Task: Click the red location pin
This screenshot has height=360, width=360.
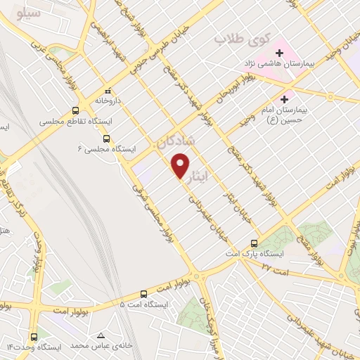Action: pyautogui.click(x=181, y=165)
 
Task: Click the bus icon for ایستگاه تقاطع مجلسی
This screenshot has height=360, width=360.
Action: pyautogui.click(x=75, y=110)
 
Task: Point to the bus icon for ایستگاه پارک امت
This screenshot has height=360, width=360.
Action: pyautogui.click(x=255, y=244)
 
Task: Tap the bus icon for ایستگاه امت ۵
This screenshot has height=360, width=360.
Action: pyautogui.click(x=143, y=294)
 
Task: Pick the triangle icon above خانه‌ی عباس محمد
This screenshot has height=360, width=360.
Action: pyautogui.click(x=102, y=336)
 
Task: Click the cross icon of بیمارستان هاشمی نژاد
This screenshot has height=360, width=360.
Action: pyautogui.click(x=279, y=52)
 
